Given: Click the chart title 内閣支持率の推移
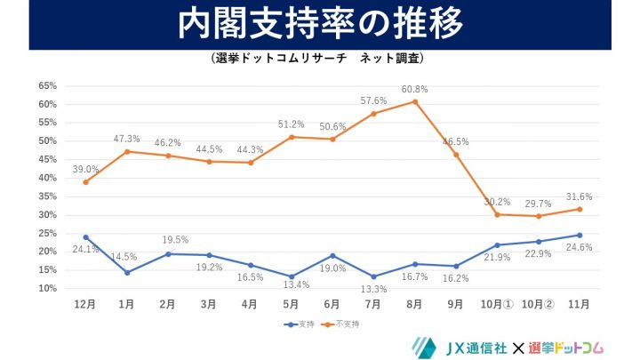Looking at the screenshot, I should pyautogui.click(x=319, y=25).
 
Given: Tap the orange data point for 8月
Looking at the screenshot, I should pyautogui.click(x=414, y=101).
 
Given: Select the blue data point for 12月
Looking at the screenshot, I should pyautogui.click(x=85, y=237).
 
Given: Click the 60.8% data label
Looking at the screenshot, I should pyautogui.click(x=414, y=89).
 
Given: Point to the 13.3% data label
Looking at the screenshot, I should pyautogui.click(x=372, y=290).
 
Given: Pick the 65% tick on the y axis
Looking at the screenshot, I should pyautogui.click(x=47, y=86).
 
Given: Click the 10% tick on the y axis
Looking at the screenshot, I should pyautogui.click(x=47, y=289).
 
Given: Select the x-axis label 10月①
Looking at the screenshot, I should pyautogui.click(x=497, y=303).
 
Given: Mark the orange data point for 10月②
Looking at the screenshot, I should pyautogui.click(x=538, y=216).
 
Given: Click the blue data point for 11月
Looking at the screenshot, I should pyautogui.click(x=580, y=236).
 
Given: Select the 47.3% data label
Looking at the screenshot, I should pyautogui.click(x=126, y=139).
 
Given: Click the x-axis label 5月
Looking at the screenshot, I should pyautogui.click(x=291, y=303).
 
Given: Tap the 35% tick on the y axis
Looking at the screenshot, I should pyautogui.click(x=47, y=196).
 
